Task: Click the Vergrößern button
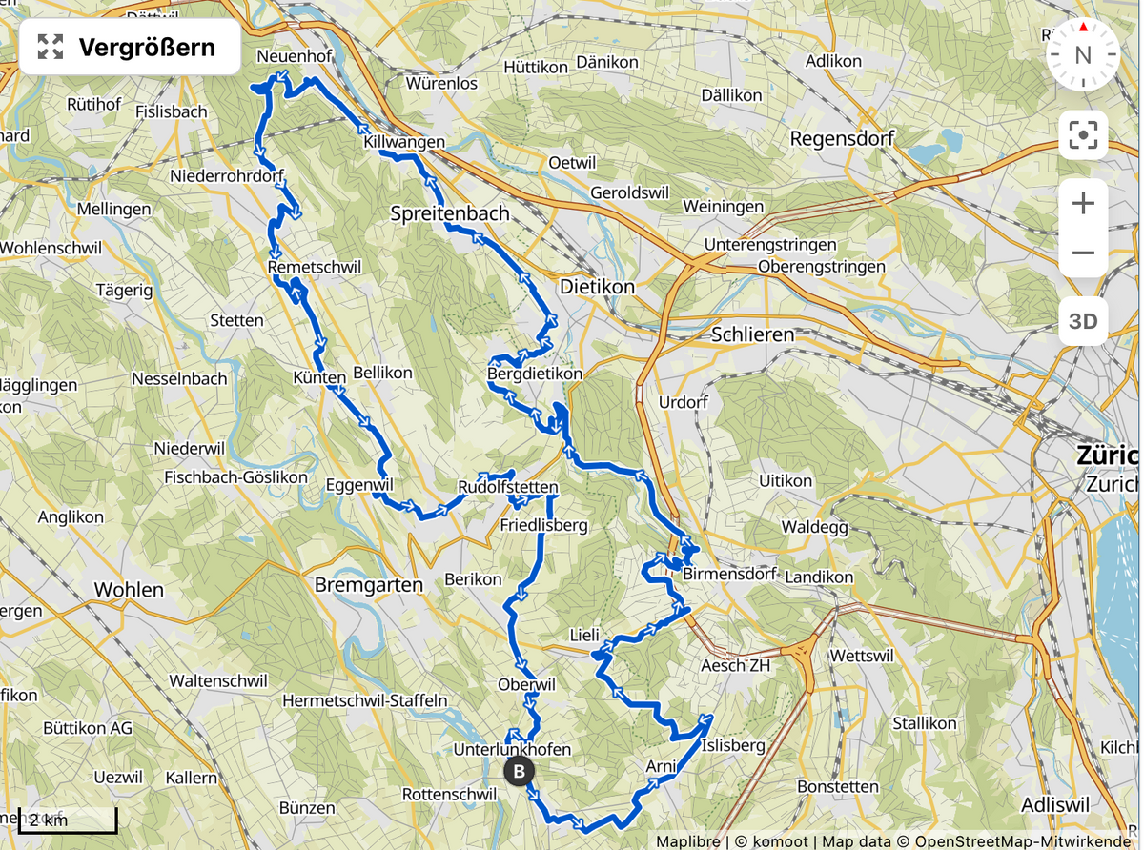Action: (130, 47)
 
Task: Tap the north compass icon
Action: (1083, 54)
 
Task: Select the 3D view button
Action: (1083, 321)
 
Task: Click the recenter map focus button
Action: (1083, 135)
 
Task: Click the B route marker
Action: (519, 771)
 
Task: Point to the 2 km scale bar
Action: (67, 820)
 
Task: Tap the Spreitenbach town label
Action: (450, 213)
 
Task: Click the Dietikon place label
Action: (597, 286)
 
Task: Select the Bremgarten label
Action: (368, 585)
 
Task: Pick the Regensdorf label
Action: (842, 139)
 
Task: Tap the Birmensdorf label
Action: (730, 575)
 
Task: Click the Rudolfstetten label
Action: (508, 488)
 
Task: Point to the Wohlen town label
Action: (129, 590)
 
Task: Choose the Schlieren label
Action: (752, 334)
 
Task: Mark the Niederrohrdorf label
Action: (227, 177)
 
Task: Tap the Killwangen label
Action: (404, 142)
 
